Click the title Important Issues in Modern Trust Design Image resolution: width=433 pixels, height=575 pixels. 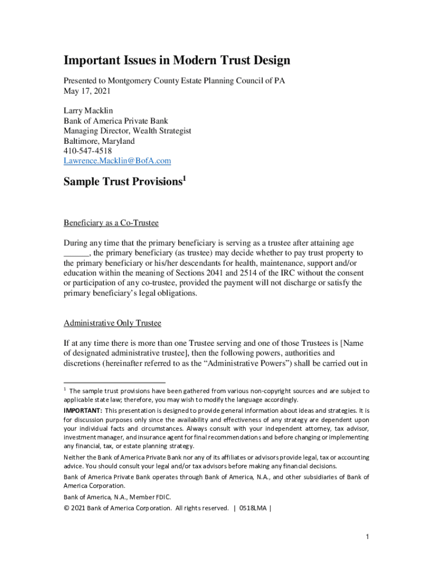click(177, 61)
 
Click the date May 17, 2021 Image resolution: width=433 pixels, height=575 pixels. click(88, 90)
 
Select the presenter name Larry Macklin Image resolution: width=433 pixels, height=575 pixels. click(88, 111)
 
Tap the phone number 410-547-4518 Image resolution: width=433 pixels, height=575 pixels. click(88, 151)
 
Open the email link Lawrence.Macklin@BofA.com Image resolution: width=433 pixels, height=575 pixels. click(117, 161)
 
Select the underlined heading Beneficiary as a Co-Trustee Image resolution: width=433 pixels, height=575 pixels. click(111, 223)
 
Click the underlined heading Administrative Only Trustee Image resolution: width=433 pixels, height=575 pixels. click(112, 323)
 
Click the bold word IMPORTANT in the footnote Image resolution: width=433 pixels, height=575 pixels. click(79, 410)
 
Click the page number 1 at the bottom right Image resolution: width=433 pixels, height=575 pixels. click(367, 537)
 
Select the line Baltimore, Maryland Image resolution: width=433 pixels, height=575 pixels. click(99, 141)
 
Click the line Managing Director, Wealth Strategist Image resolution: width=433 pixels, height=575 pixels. click(127, 131)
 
